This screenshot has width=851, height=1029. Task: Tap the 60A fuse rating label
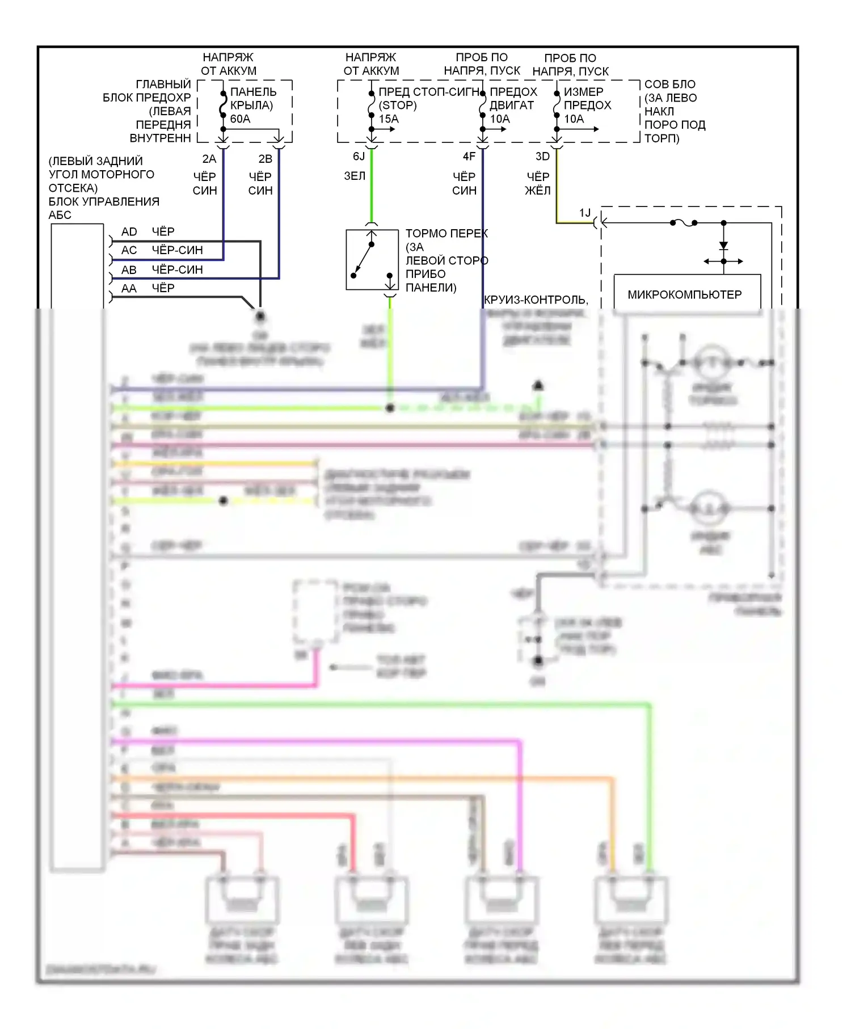240,119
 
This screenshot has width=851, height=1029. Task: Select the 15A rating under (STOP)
389,119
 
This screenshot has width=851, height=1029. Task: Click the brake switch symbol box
372,260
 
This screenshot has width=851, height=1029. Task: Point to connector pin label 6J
359,157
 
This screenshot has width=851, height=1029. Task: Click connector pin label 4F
469,157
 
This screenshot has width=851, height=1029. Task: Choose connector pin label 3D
542,157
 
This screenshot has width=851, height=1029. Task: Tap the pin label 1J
585,213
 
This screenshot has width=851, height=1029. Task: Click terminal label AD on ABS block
129,232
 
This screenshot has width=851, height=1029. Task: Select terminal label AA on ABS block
129,289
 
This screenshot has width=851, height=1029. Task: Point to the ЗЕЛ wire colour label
355,176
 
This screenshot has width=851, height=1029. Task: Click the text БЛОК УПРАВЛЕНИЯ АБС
103,208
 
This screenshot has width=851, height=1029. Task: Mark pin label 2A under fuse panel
209,159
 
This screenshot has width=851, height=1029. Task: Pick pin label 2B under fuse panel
265,159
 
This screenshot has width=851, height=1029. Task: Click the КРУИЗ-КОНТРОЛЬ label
536,300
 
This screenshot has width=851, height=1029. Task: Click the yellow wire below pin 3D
557,187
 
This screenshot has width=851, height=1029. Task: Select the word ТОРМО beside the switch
423,234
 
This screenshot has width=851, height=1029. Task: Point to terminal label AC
129,250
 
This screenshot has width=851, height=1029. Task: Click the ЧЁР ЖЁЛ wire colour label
538,183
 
